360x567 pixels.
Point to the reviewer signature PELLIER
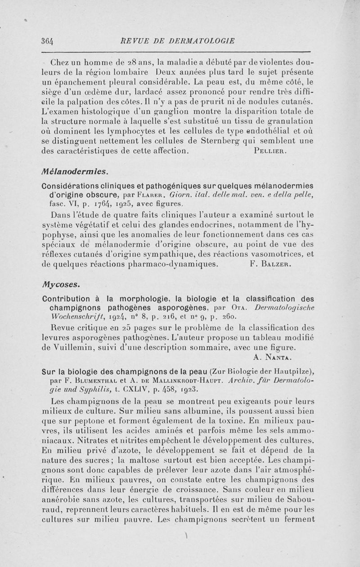click(267, 152)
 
